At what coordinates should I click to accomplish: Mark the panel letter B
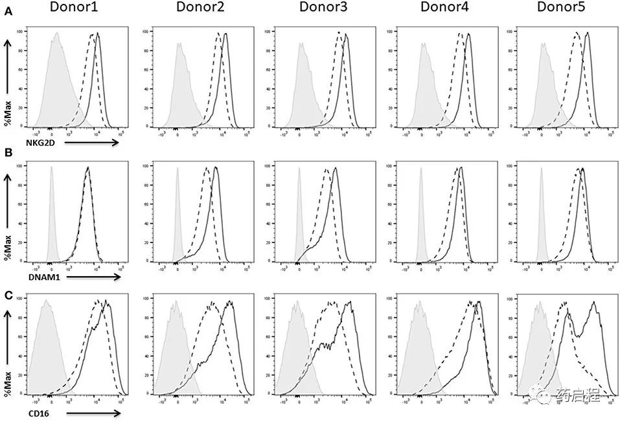(8, 153)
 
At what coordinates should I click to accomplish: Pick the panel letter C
(8, 295)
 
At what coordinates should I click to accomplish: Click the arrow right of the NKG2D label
(91, 141)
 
